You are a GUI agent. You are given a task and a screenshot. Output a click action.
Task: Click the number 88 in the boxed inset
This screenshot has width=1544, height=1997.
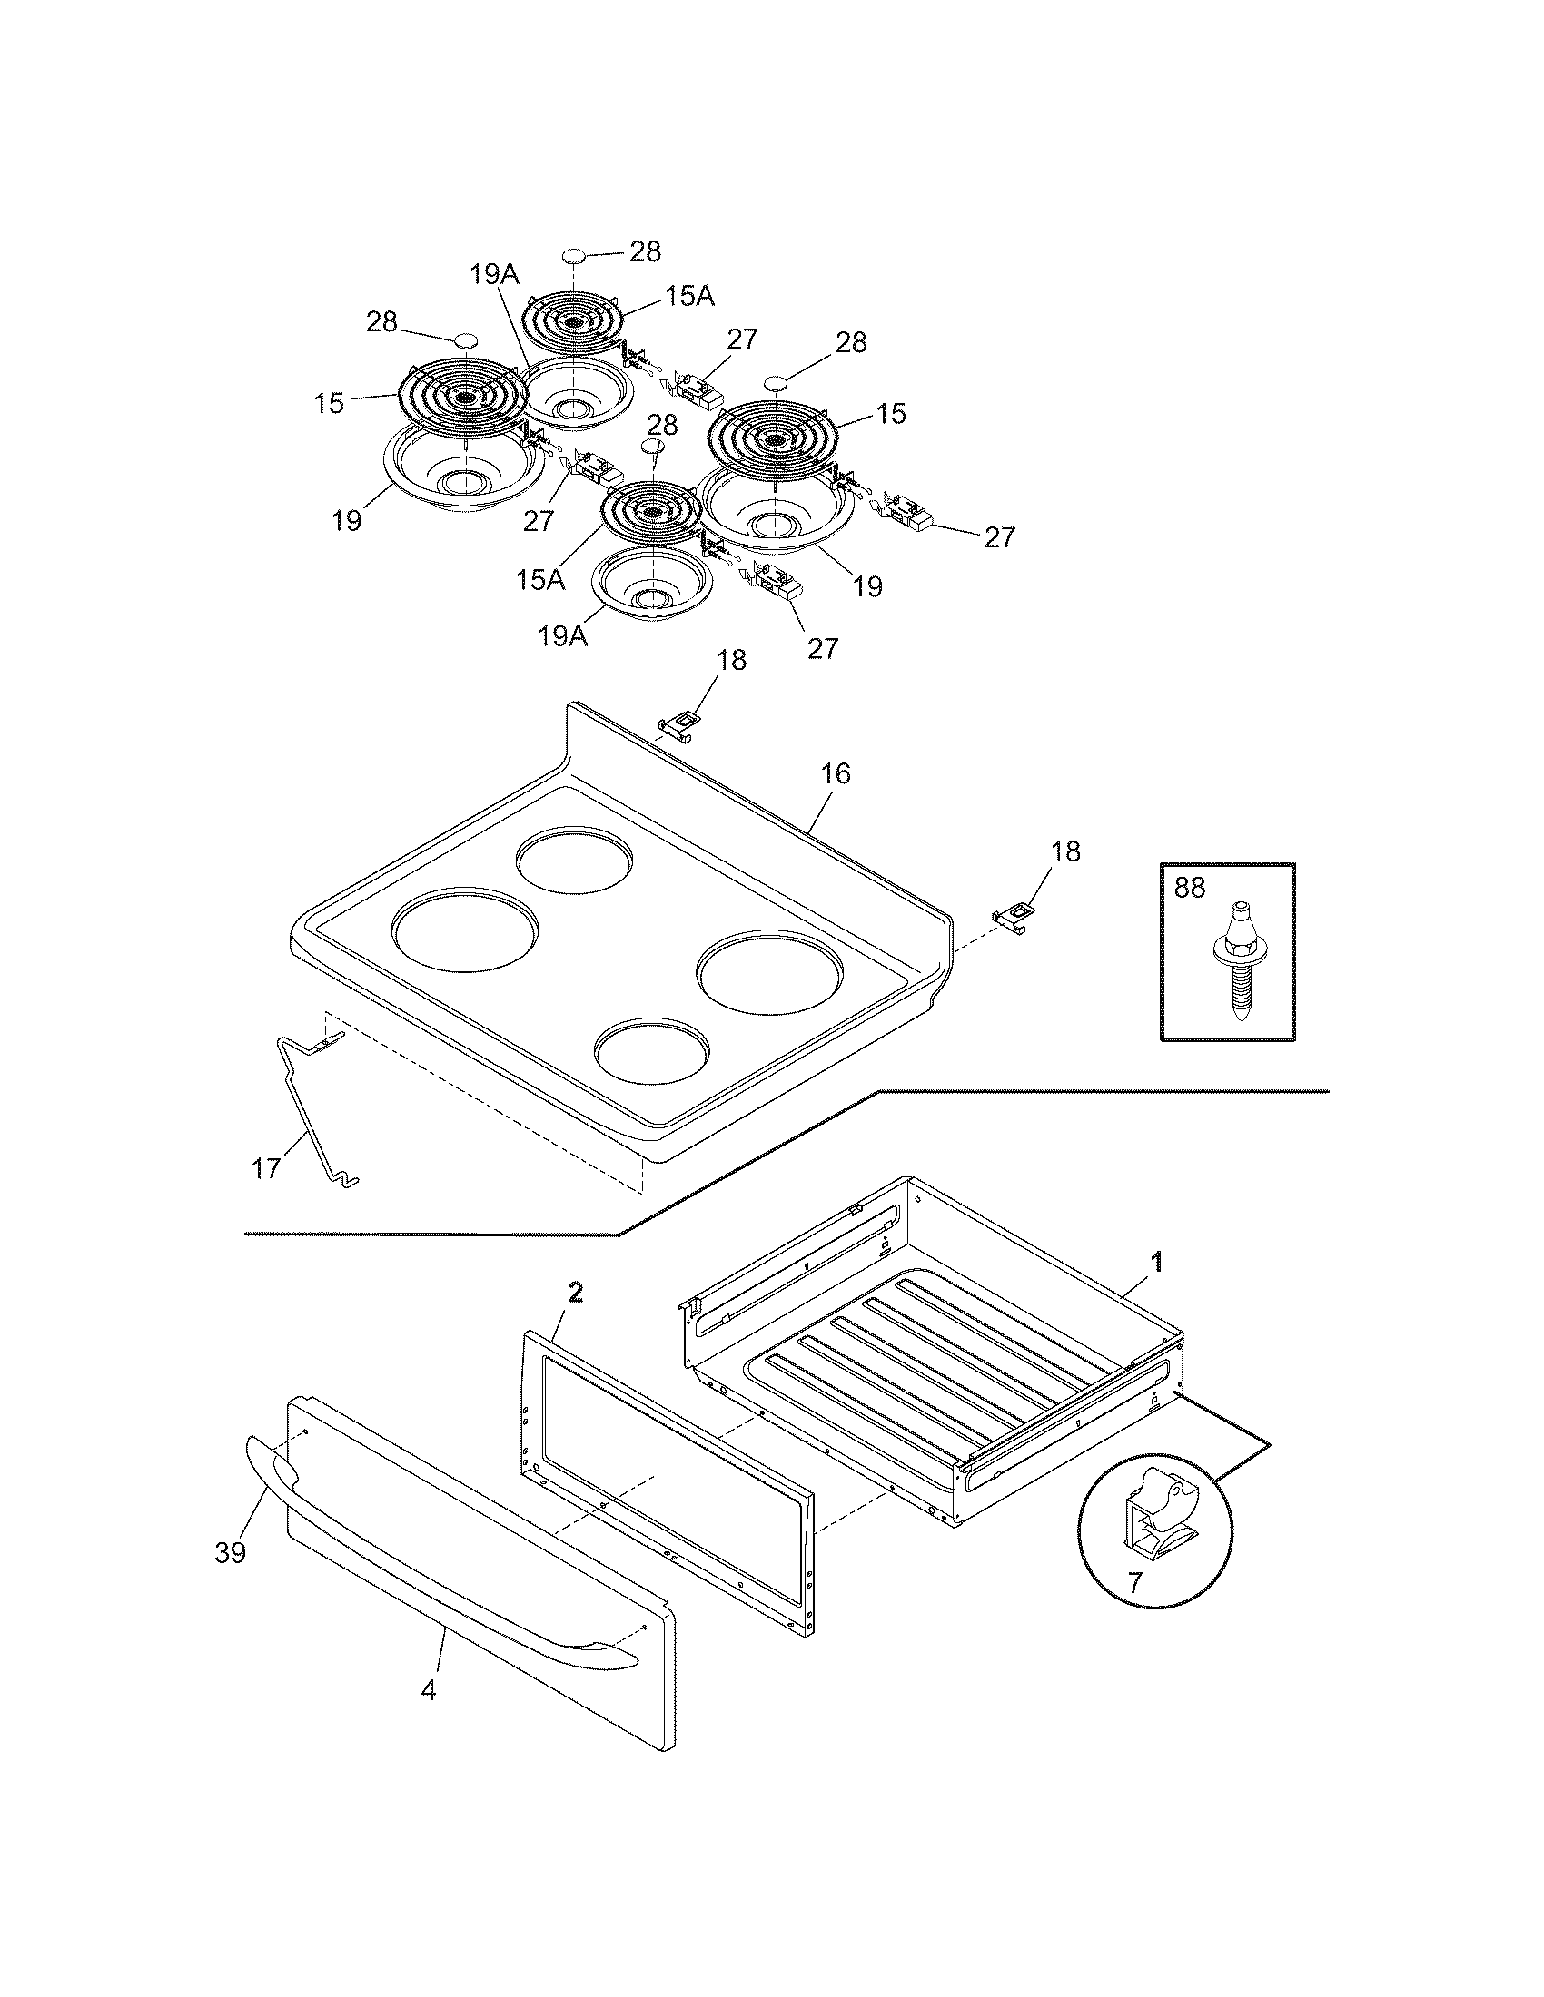1189,888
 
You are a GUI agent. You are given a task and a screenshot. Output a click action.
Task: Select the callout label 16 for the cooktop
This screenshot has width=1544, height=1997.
835,773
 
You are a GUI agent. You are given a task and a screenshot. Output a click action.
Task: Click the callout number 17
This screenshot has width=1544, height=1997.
266,1167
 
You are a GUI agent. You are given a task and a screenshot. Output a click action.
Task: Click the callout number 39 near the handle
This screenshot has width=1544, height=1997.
231,1551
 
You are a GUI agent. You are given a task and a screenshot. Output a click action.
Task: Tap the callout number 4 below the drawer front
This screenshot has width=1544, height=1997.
428,1690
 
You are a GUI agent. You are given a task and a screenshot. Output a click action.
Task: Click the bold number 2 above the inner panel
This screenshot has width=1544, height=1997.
574,1292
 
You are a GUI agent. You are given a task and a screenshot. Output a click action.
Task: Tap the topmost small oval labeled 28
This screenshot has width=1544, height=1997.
573,255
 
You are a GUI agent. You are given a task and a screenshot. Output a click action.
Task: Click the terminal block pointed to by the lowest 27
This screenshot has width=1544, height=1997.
776,582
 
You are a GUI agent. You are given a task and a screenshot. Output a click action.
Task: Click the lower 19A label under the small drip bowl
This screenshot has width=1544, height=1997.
562,636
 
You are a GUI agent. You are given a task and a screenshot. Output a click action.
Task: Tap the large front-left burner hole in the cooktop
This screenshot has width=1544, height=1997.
465,929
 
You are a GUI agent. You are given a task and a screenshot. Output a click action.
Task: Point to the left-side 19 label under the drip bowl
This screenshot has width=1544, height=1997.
347,520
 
